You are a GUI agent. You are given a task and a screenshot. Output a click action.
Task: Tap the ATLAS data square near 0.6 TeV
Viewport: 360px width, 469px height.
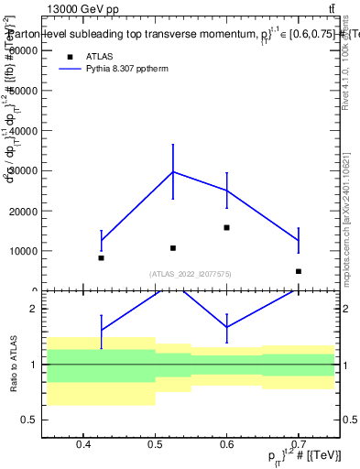click(226, 227)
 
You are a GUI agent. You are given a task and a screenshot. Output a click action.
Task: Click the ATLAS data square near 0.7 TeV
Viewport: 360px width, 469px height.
click(299, 271)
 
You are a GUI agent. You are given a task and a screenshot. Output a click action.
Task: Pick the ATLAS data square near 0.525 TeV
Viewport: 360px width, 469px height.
click(172, 248)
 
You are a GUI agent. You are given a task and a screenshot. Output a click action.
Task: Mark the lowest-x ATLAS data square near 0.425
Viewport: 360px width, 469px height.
click(101, 257)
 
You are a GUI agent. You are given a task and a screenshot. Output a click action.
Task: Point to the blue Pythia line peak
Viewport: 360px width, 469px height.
click(172, 171)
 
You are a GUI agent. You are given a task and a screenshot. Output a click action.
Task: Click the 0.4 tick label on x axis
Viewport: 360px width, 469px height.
click(83, 445)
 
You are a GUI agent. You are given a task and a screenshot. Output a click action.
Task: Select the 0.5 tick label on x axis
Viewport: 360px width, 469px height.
click(155, 445)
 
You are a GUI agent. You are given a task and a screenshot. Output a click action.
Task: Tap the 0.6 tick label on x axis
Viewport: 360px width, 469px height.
click(227, 445)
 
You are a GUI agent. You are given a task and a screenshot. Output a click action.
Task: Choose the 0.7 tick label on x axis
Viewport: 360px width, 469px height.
click(299, 445)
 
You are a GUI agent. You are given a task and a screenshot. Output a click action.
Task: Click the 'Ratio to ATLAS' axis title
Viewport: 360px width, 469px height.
click(13, 365)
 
